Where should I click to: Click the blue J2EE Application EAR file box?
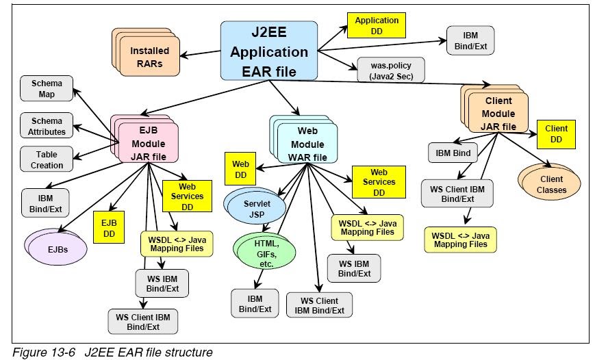pos(269,51)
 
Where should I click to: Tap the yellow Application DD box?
pos(377,25)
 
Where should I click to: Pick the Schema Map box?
pos(47,89)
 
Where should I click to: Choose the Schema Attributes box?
pos(47,126)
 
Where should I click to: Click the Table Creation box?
pos(47,160)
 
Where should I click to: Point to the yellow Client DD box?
pos(556,133)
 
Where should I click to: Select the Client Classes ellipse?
pos(551,184)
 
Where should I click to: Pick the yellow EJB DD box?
pos(108,228)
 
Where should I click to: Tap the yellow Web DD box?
pos(240,170)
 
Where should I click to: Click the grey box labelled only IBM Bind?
pos(453,153)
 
